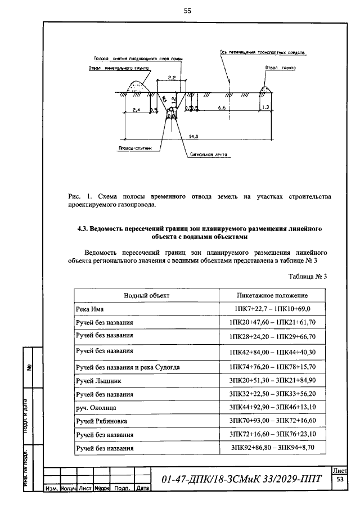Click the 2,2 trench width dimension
(172, 76)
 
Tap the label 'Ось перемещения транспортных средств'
(263, 52)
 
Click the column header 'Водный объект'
(146, 295)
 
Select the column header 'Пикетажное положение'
(272, 295)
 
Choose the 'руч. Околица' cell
(96, 407)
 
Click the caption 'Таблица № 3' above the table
(307, 276)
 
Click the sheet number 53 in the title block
(340, 480)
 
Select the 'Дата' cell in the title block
(142, 488)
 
